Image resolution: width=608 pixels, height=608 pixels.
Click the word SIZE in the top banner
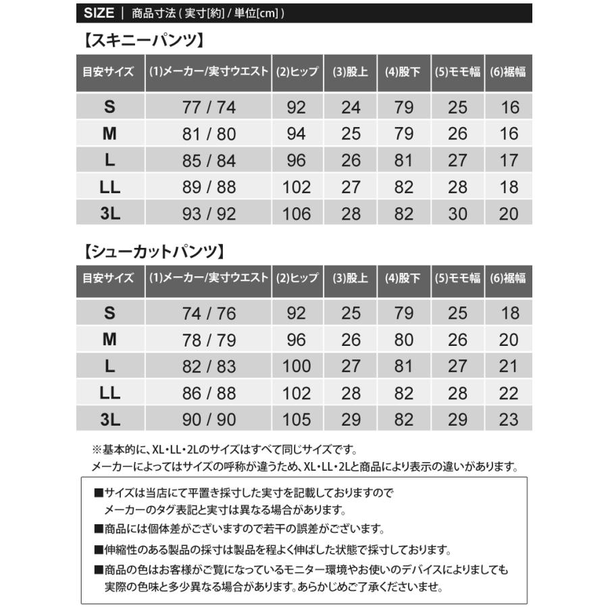pos(99,13)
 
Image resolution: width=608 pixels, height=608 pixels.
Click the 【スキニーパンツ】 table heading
pos(142,41)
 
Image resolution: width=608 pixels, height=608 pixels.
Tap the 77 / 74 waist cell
pos(209,107)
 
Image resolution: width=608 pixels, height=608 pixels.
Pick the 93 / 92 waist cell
pos(209,214)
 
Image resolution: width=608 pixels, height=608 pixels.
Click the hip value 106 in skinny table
pos(297,214)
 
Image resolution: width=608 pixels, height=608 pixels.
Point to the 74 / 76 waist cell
pos(209,313)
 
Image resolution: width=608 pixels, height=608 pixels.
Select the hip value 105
pos(297,420)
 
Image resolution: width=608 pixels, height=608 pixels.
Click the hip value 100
pos(297,367)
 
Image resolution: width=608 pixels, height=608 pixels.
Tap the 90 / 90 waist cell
pos(209,420)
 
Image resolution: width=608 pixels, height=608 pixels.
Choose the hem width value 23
pos(509,420)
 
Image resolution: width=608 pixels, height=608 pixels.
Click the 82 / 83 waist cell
pos(209,367)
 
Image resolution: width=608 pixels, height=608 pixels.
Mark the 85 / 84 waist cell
pos(209,161)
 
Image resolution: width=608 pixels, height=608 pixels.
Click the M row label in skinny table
pos(109,134)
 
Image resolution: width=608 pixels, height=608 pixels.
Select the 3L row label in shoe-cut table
pos(109,420)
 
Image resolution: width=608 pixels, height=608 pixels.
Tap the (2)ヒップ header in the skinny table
pos(297,72)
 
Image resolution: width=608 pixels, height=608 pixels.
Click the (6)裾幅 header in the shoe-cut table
pos(509,278)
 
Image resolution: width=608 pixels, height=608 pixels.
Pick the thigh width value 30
pos(457,214)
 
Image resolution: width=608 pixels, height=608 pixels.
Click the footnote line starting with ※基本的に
pos(223,449)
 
